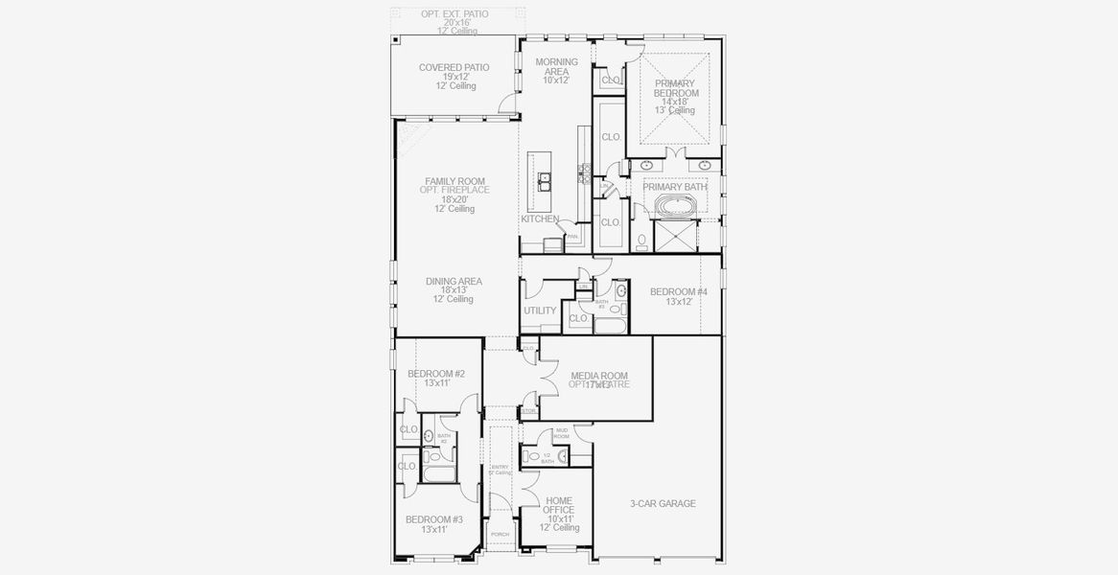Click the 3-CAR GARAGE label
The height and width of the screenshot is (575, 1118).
(x=663, y=503)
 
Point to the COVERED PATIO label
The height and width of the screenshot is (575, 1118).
(x=454, y=67)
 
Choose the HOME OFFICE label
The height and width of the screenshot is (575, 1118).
(x=559, y=505)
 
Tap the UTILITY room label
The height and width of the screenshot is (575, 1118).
(x=540, y=310)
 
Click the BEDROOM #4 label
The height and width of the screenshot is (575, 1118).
(x=678, y=291)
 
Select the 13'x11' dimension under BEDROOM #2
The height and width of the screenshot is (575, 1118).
(x=435, y=383)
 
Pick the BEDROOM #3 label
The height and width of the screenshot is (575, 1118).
(x=434, y=518)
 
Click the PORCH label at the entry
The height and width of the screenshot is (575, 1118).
(x=500, y=534)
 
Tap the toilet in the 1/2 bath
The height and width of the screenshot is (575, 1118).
(x=534, y=456)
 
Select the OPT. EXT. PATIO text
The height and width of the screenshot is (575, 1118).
(x=454, y=13)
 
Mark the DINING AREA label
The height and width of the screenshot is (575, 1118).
(x=454, y=281)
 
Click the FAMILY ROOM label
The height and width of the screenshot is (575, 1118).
(x=454, y=180)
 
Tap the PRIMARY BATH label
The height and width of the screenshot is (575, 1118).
(x=682, y=187)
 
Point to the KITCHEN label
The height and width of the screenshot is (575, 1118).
(x=540, y=219)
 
